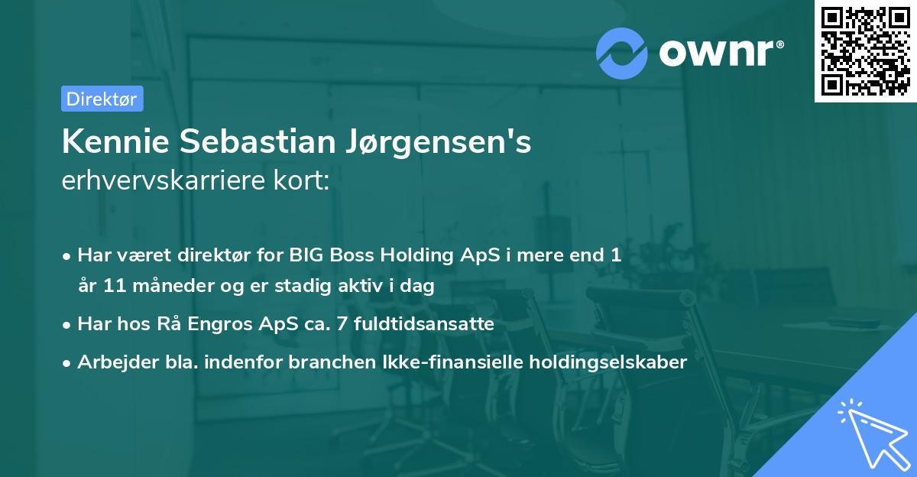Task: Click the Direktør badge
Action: [x=102, y=99]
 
